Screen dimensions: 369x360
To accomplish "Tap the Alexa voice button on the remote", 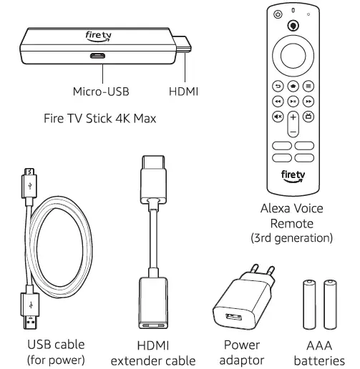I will [293, 25].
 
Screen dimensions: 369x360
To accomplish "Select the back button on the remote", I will [276, 84].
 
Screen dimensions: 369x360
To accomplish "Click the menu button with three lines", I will [309, 84].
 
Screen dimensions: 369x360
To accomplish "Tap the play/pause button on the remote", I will [293, 102].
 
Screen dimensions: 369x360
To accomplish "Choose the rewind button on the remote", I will [276, 102].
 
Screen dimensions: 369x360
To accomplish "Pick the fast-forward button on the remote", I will [309, 102].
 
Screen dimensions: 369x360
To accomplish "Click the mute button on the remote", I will [276, 117].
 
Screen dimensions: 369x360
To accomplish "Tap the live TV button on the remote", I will [309, 117].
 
